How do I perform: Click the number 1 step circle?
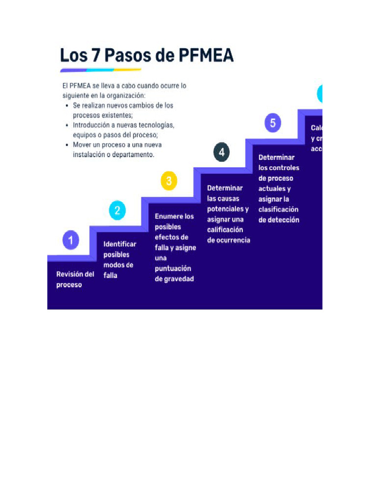(71, 240)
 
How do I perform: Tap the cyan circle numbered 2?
(117, 210)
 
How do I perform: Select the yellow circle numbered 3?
(168, 181)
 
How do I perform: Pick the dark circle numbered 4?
(221, 152)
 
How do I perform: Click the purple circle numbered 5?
(272, 123)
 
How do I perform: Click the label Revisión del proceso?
(75, 279)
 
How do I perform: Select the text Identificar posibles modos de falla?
(120, 260)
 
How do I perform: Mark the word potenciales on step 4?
(228, 208)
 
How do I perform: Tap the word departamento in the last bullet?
(134, 154)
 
